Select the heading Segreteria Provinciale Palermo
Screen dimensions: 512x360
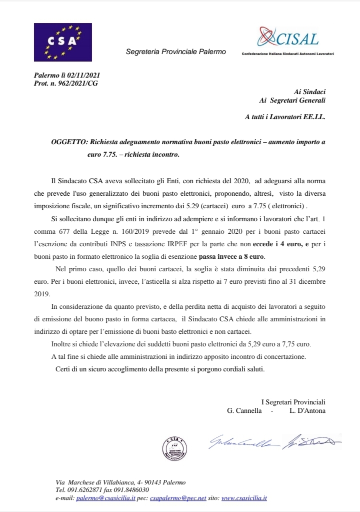[175, 52]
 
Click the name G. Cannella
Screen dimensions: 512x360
[244, 411]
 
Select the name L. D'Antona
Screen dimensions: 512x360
[307, 411]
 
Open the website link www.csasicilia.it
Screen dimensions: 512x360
[244, 498]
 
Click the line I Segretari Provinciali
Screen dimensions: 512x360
[293, 402]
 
